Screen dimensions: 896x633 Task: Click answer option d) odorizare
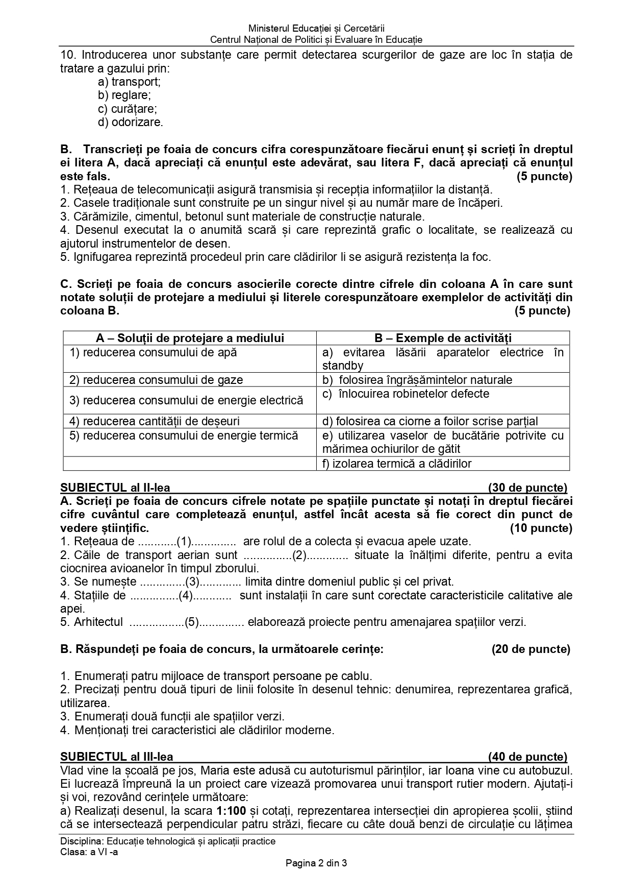(131, 123)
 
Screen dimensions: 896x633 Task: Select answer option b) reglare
(124, 95)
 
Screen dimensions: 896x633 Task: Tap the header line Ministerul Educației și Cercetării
(316, 29)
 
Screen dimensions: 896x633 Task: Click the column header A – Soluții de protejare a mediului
(190, 338)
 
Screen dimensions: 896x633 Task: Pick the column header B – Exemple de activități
(443, 338)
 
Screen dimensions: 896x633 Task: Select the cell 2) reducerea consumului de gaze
(156, 380)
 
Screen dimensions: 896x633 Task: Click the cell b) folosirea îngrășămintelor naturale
(417, 380)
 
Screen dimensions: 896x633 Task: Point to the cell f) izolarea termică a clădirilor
(397, 464)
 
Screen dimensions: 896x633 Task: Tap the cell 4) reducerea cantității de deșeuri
(155, 421)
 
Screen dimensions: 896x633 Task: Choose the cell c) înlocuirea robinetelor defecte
(406, 394)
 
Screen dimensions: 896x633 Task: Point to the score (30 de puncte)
(527, 488)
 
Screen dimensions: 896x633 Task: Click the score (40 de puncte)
(527, 757)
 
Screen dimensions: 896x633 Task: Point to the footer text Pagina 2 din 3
(316, 864)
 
